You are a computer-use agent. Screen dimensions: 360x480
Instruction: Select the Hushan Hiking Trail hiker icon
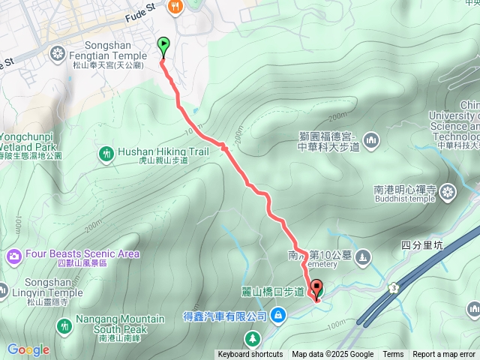click(x=106, y=154)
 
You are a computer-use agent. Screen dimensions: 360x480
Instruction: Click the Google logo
click(x=28, y=349)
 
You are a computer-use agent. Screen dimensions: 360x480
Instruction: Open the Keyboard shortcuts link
click(x=250, y=355)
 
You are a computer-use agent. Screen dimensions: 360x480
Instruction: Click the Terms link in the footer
click(x=393, y=355)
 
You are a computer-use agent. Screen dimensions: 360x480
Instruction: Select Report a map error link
click(x=444, y=355)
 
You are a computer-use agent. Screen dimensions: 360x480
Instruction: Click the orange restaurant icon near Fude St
click(x=175, y=7)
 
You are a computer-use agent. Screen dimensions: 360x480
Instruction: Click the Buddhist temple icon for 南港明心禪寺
click(x=448, y=192)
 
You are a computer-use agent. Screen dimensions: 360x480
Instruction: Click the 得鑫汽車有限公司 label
click(x=223, y=317)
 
